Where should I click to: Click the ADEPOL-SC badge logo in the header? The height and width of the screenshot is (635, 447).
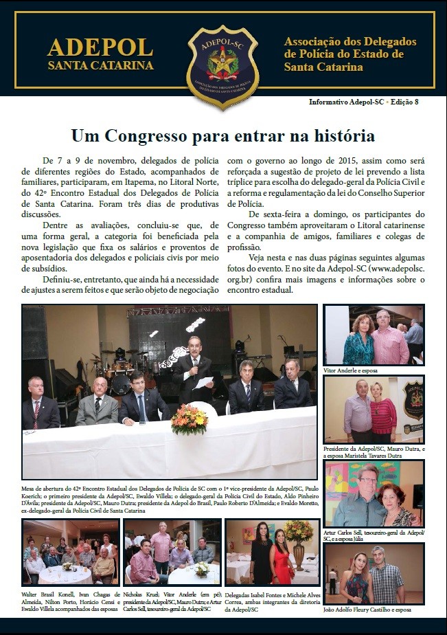tap(223, 66)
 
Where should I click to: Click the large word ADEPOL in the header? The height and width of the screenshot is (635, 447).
tap(100, 47)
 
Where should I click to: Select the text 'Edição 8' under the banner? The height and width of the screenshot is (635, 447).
tap(404, 102)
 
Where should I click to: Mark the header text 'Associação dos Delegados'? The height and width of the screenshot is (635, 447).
tap(350, 42)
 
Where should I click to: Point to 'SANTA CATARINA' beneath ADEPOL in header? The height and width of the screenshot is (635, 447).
tap(100, 66)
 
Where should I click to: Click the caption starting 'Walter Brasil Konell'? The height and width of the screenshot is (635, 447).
tap(70, 598)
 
